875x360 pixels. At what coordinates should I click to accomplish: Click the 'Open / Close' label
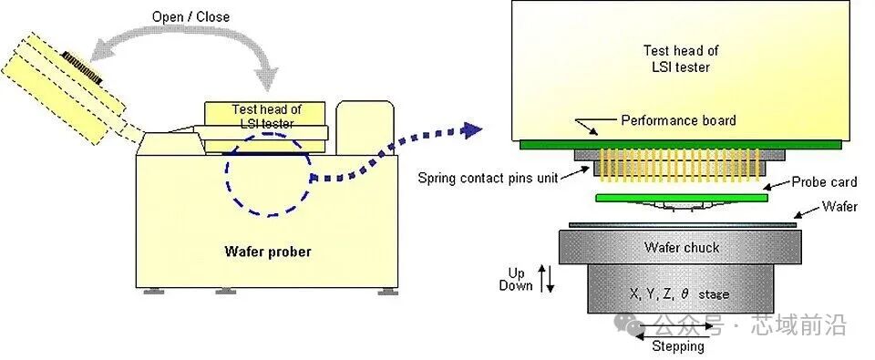(x=190, y=16)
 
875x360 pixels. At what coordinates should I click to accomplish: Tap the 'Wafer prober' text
(x=268, y=252)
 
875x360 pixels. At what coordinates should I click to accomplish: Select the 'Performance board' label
(x=678, y=120)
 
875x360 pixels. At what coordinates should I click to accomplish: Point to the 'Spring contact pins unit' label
(x=489, y=180)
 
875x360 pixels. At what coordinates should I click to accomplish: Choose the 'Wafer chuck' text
(x=682, y=247)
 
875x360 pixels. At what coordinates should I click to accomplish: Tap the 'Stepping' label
(x=678, y=346)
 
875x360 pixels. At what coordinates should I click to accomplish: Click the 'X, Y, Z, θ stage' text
(x=679, y=293)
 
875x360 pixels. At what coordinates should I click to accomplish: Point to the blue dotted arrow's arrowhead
(x=472, y=130)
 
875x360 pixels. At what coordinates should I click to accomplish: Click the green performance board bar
(x=680, y=145)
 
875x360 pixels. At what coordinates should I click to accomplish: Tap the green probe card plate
(x=682, y=198)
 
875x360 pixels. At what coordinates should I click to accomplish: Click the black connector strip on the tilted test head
(x=83, y=68)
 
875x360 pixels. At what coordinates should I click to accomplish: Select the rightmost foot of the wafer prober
(x=388, y=292)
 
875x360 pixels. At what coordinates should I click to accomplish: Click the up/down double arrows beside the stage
(x=546, y=279)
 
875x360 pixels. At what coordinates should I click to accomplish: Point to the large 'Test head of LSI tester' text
(x=681, y=58)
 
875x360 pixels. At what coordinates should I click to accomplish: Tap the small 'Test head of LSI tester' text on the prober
(x=262, y=116)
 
